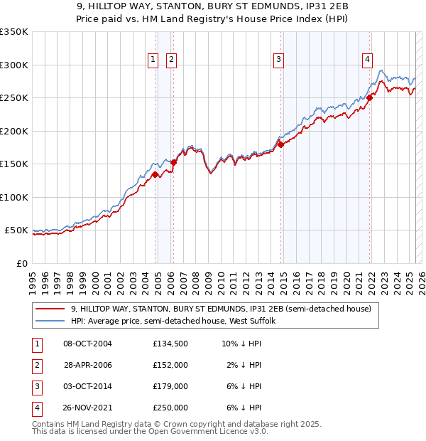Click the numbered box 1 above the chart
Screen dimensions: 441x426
(x=153, y=60)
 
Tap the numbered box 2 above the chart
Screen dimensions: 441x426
(x=172, y=60)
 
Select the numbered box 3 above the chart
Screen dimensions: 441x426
(x=279, y=60)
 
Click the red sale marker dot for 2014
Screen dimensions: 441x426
(x=280, y=145)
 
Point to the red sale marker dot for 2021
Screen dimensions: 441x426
(x=370, y=98)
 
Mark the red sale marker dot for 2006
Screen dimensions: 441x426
(x=174, y=162)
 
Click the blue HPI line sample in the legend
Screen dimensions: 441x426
(x=50, y=321)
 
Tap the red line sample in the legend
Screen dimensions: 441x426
(x=50, y=309)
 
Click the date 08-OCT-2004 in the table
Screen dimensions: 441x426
(x=87, y=344)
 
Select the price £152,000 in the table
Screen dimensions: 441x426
(x=170, y=365)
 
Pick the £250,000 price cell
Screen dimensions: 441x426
(x=170, y=408)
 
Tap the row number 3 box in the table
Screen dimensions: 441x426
(x=36, y=386)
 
